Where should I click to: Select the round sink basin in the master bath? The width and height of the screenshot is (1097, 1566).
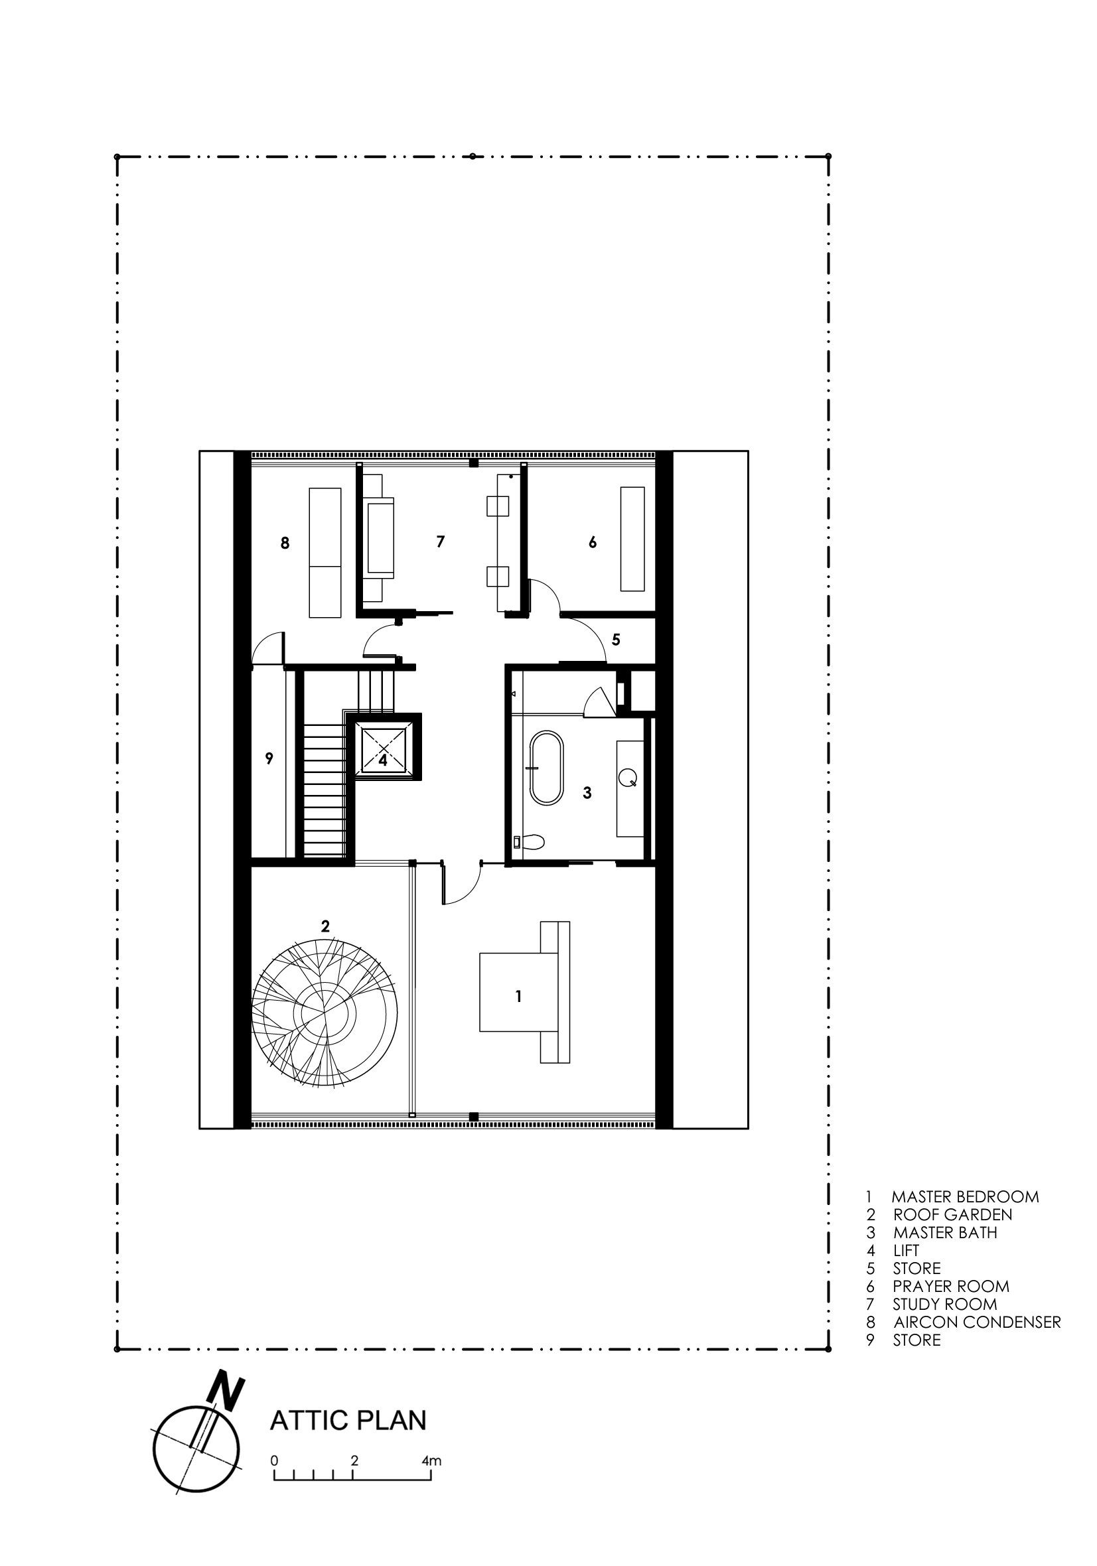628,776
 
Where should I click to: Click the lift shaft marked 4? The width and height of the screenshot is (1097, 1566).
384,750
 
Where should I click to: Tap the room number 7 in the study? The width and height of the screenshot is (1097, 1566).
441,541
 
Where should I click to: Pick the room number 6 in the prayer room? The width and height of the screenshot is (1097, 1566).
592,542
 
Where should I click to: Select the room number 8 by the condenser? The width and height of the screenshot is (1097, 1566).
285,543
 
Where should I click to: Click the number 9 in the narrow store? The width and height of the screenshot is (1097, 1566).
269,758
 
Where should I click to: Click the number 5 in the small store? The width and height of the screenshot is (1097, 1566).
616,640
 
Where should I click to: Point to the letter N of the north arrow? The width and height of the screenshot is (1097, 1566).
225,1389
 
